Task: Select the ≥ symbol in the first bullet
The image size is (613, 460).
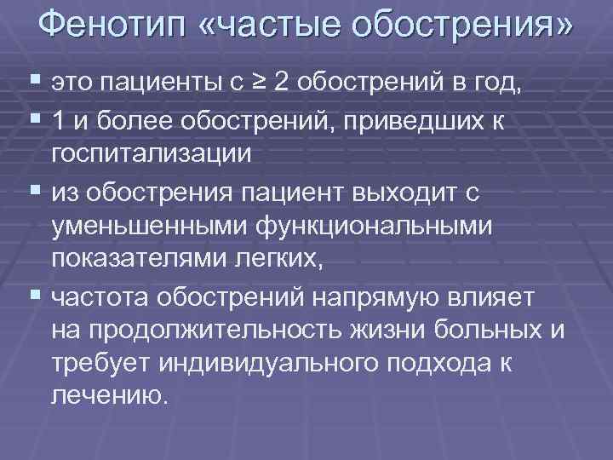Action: pos(255,83)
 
